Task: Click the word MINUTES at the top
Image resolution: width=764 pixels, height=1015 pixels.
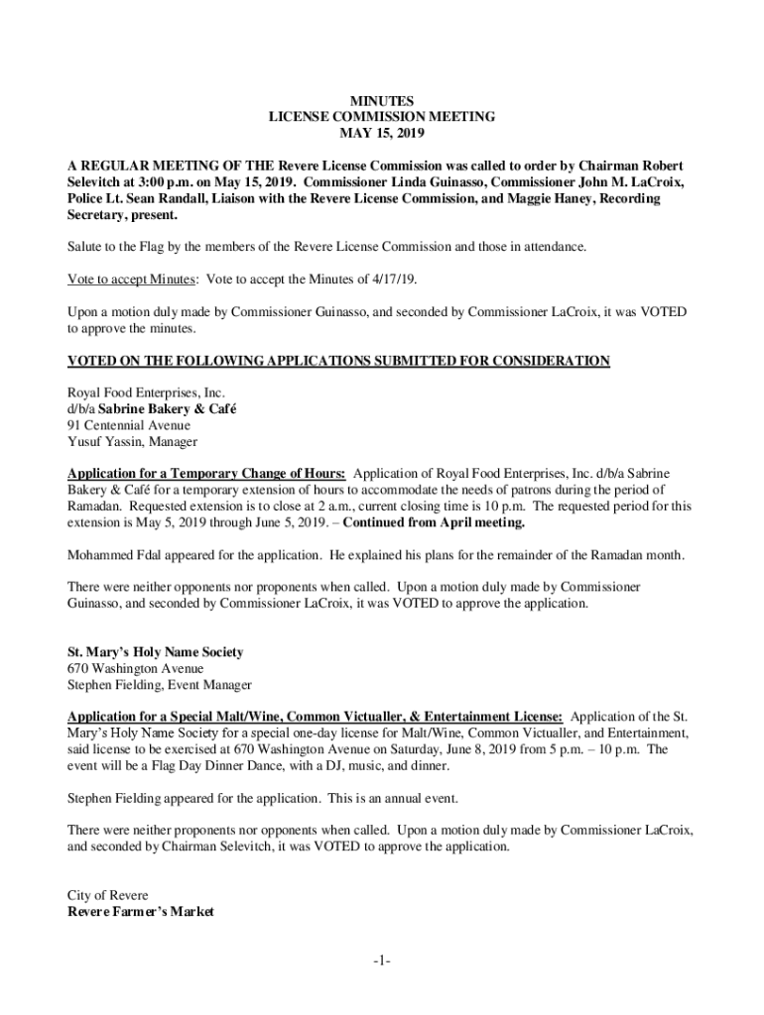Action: [x=382, y=100]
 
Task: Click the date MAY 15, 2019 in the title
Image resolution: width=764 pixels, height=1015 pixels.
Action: [x=382, y=133]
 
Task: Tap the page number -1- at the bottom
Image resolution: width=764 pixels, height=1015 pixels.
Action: [x=382, y=960]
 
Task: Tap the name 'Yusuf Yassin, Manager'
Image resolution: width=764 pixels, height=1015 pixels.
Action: [x=132, y=441]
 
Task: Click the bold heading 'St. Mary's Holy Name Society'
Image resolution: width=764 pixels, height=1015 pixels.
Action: [x=155, y=652]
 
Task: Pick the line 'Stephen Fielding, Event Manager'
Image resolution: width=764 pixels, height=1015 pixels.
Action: [x=160, y=684]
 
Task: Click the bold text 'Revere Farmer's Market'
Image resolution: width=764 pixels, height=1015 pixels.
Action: [x=140, y=911]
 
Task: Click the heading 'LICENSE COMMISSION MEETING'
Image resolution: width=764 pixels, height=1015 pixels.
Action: [x=382, y=117]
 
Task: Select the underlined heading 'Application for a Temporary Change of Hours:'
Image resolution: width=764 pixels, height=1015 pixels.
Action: [x=206, y=473]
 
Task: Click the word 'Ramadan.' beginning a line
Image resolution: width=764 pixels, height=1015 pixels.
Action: [x=94, y=506]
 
